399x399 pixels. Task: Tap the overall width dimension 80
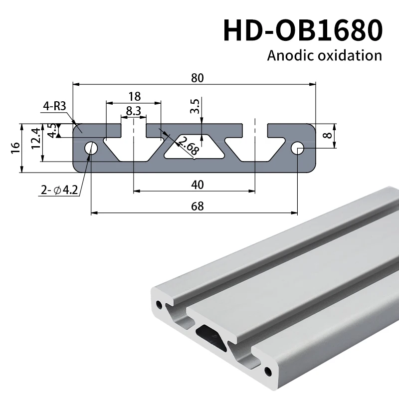198,78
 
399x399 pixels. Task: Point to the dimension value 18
134,96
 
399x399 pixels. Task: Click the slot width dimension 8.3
133,111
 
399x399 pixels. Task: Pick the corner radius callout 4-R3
55,106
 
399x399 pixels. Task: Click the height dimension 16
15,148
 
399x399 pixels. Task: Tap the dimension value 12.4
35,142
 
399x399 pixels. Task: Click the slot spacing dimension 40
198,185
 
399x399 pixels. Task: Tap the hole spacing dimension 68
198,206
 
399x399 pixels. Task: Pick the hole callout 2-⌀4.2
59,190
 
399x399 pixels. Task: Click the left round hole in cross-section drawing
91,148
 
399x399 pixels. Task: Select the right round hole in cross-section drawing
298,148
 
